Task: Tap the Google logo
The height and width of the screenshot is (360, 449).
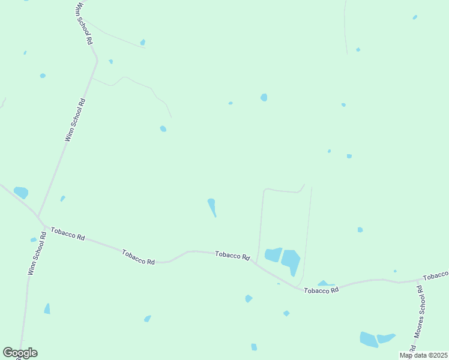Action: pyautogui.click(x=20, y=353)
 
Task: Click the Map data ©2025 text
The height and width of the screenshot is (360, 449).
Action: pyautogui.click(x=423, y=355)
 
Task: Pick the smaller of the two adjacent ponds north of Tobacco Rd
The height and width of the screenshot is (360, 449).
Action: pyautogui.click(x=273, y=254)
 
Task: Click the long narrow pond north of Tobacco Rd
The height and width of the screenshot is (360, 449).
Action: pyautogui.click(x=212, y=207)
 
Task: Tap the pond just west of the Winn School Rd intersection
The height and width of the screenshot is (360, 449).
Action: pyautogui.click(x=21, y=193)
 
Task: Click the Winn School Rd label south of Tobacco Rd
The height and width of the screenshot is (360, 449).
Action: pyautogui.click(x=37, y=254)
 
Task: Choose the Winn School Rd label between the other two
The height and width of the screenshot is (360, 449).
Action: pyautogui.click(x=76, y=120)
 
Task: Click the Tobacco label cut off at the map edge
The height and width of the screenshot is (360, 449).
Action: pyautogui.click(x=436, y=276)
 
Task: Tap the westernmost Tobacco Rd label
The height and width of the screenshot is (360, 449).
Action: pyautogui.click(x=68, y=233)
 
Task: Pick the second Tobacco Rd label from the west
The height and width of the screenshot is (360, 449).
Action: pyautogui.click(x=139, y=257)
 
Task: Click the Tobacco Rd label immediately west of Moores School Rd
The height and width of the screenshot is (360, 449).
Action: pyautogui.click(x=321, y=290)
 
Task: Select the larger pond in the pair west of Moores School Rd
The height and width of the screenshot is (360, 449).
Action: pyautogui.click(x=369, y=339)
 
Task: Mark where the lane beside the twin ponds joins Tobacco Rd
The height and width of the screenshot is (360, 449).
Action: pyautogui.click(x=256, y=263)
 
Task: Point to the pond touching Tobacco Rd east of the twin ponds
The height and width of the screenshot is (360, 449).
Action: pyautogui.click(x=325, y=283)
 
